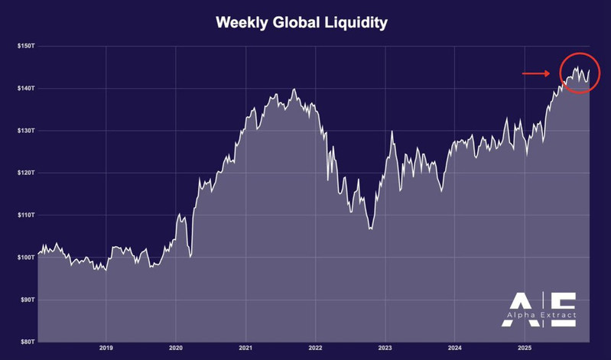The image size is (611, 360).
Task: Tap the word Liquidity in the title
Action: click(x=359, y=23)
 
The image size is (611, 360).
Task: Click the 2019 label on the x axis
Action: click(x=106, y=349)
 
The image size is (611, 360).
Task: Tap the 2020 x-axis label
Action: click(x=176, y=349)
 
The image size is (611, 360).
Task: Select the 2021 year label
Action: click(x=245, y=349)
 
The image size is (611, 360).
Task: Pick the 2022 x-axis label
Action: click(x=315, y=349)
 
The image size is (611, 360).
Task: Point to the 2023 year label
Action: click(x=385, y=349)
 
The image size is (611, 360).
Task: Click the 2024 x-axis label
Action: click(x=454, y=349)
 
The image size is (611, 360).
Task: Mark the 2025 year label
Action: click(x=524, y=349)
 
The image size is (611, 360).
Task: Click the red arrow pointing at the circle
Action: click(x=536, y=73)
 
